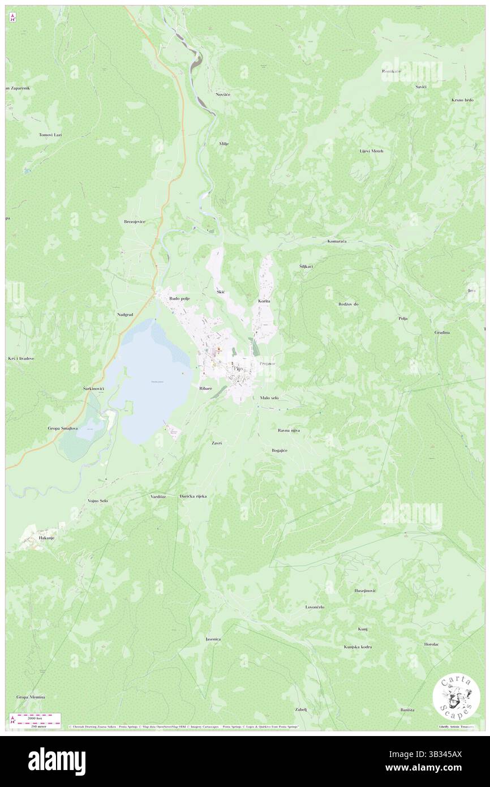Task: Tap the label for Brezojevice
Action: [x=135, y=221]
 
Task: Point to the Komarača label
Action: [x=337, y=241]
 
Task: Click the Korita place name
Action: [x=264, y=301]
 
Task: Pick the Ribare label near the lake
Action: [x=205, y=388]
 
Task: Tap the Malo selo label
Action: [x=269, y=398]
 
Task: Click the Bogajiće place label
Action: [x=280, y=450]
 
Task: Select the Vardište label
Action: [x=158, y=496]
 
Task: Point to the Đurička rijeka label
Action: [x=193, y=496]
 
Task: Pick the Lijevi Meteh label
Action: [x=371, y=151]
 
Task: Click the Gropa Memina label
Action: [x=31, y=697]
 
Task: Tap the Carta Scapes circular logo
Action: [x=456, y=698]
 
